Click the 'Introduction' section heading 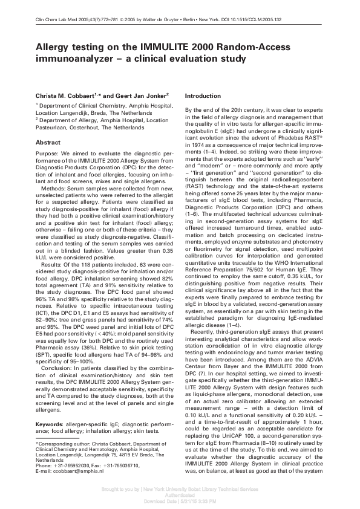coord(203,96)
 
